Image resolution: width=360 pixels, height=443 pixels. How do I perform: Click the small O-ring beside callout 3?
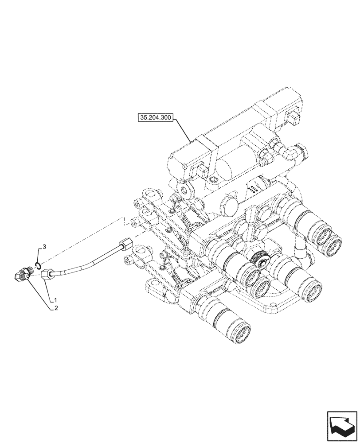tap(39, 265)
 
